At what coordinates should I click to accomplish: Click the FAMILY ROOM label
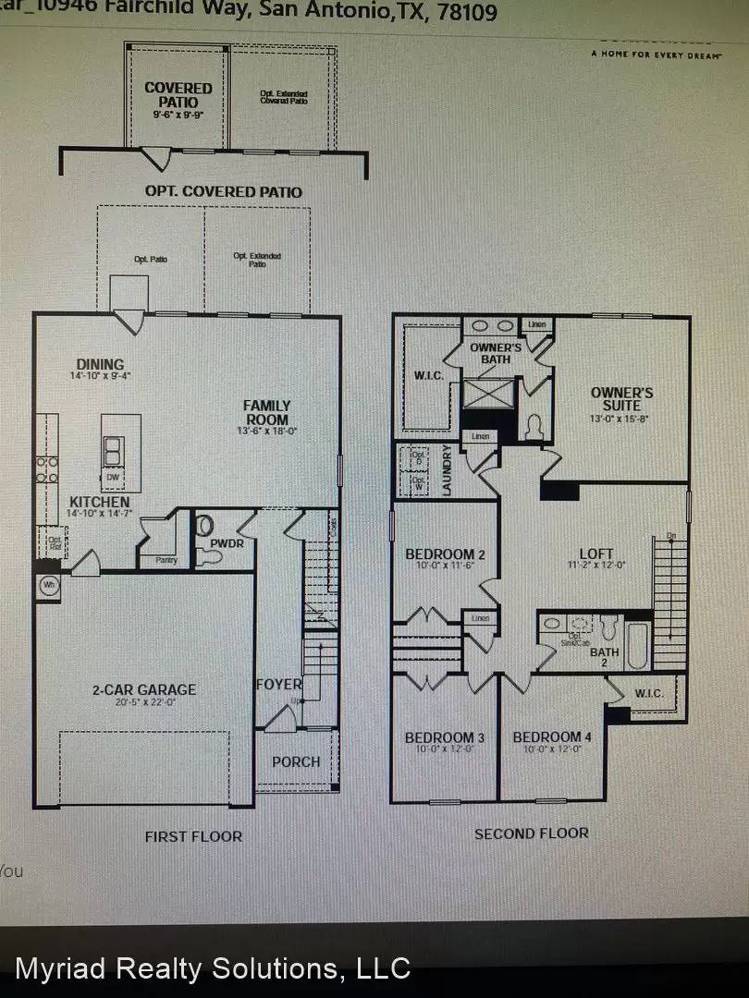(267, 406)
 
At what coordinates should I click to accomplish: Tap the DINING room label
(101, 365)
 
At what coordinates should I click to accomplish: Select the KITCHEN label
(99, 502)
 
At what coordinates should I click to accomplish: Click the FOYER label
(278, 685)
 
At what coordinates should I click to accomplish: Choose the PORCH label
(296, 761)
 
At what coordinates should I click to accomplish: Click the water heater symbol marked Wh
(48, 585)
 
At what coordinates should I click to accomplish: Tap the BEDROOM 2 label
(439, 554)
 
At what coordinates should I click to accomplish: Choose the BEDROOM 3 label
(444, 737)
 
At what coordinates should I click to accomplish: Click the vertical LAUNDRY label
(447, 471)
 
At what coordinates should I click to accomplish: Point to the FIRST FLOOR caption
(193, 836)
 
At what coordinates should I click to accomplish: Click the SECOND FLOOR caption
(531, 834)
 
